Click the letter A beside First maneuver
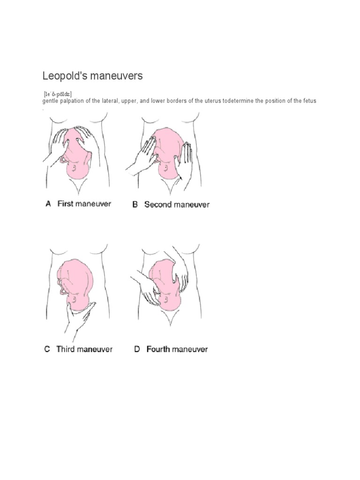[x=48, y=204]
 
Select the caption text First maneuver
[x=84, y=204]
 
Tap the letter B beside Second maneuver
[x=135, y=204]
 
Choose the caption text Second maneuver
[x=177, y=204]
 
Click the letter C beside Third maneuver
[x=47, y=349]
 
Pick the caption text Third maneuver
[x=84, y=349]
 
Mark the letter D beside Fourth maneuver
[x=137, y=349]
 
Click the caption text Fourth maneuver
[x=177, y=349]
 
